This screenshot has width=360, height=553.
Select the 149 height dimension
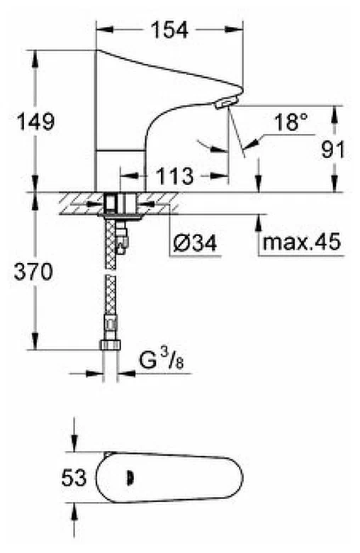[x=35, y=122]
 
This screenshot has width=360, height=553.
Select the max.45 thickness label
[x=302, y=243]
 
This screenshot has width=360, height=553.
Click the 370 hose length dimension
[x=33, y=272]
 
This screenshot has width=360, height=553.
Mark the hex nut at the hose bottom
[x=111, y=345]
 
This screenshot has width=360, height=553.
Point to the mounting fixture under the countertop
[x=120, y=205]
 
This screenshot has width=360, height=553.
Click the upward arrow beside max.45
[x=257, y=230]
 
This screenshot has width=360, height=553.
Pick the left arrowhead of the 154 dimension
[x=101, y=30]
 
